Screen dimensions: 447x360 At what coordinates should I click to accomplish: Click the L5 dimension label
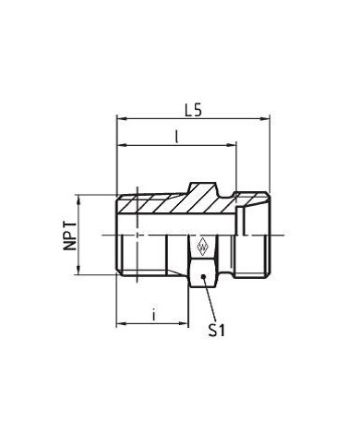(x=192, y=107)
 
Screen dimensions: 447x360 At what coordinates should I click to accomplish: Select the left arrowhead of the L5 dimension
(x=119, y=118)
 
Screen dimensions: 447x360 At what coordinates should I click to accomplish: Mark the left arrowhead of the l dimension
(x=119, y=147)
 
